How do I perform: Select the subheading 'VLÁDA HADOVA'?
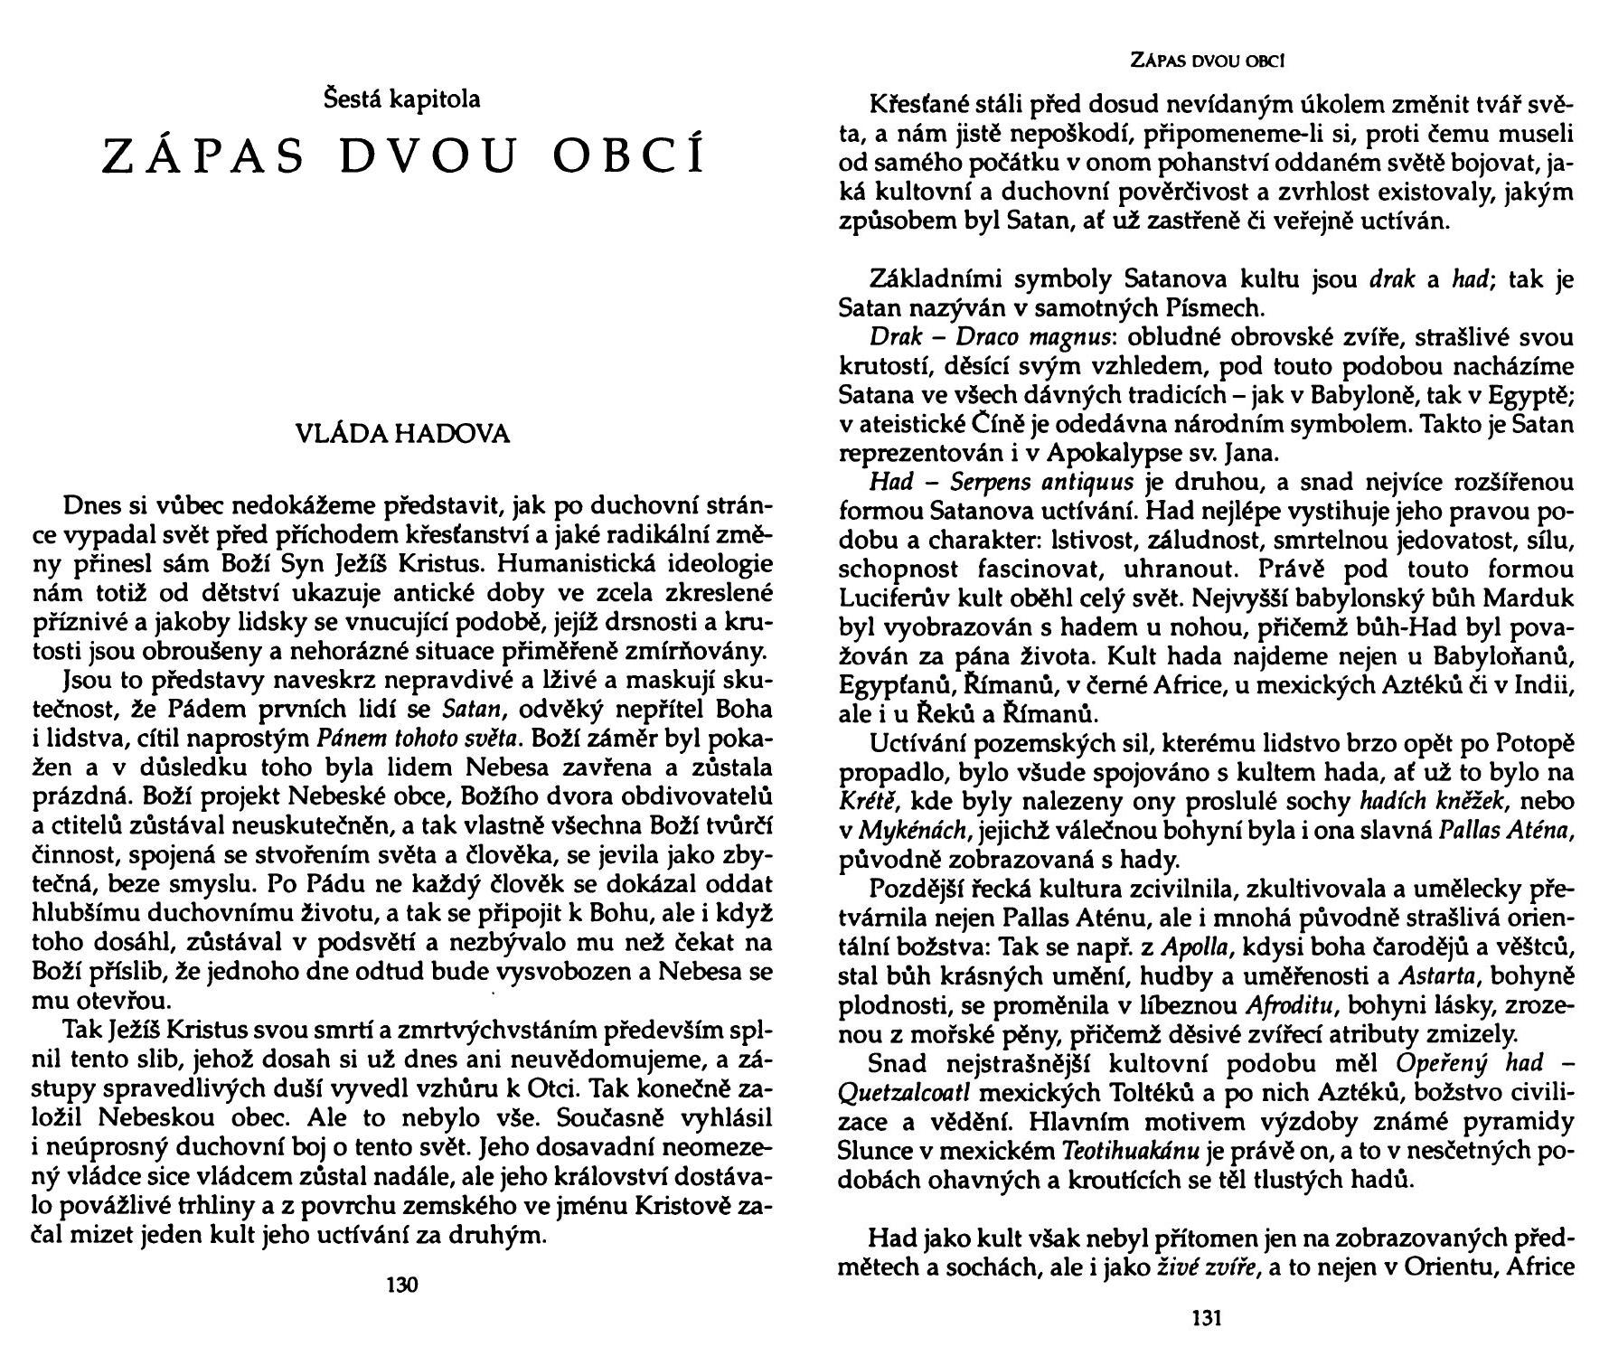coord(403,435)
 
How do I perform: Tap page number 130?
coord(402,1284)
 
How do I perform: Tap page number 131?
coord(1208,1319)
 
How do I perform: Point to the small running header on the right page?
coord(1208,61)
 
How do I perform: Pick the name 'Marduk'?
coord(1533,598)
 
